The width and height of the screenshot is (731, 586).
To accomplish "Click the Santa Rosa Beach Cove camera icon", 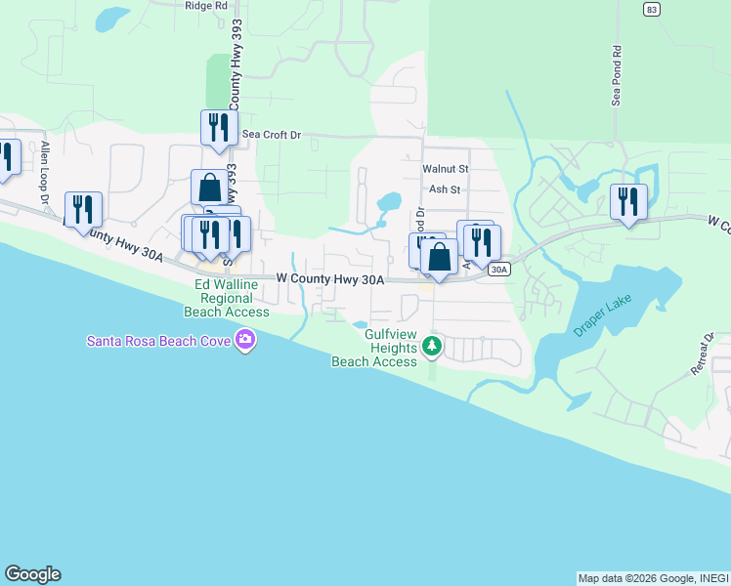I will click(243, 341).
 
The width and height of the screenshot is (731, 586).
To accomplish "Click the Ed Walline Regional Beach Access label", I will click(227, 298).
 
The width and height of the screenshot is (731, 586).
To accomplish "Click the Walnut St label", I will click(446, 169).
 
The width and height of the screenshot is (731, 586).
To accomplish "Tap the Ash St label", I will click(444, 189).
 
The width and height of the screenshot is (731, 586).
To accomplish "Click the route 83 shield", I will click(652, 9).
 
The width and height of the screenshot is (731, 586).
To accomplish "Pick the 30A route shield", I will click(498, 269).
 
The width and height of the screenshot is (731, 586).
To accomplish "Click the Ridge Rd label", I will click(205, 5).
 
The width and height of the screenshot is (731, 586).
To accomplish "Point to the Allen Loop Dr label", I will click(45, 172).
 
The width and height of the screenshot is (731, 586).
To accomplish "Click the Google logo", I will click(32, 574).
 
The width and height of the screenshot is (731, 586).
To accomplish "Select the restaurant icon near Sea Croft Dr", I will click(219, 127).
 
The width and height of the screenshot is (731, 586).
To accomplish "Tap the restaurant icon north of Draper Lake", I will click(628, 201).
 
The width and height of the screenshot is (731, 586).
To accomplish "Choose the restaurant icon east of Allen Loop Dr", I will click(83, 209).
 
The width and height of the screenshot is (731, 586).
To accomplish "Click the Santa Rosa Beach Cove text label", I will click(159, 341).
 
